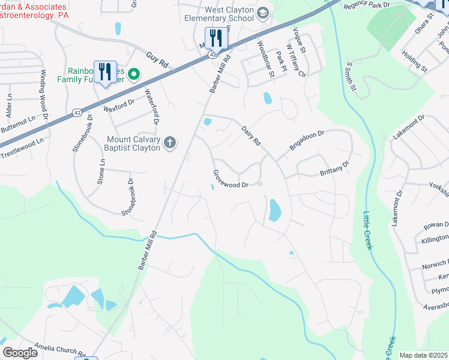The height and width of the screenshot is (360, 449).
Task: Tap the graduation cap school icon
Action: tap(263, 13)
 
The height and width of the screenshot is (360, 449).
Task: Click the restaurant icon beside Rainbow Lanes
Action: tap(106, 71)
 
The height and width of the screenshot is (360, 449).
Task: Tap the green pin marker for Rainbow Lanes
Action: tap(134, 74)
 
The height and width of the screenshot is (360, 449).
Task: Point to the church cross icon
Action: tap(170, 142)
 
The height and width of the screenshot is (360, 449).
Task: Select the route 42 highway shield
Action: tap(213, 55)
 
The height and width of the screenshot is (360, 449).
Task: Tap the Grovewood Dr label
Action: tap(231, 178)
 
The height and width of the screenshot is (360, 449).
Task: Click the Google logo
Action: tap(20, 353)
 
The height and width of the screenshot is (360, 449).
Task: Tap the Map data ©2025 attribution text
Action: tap(423, 355)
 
